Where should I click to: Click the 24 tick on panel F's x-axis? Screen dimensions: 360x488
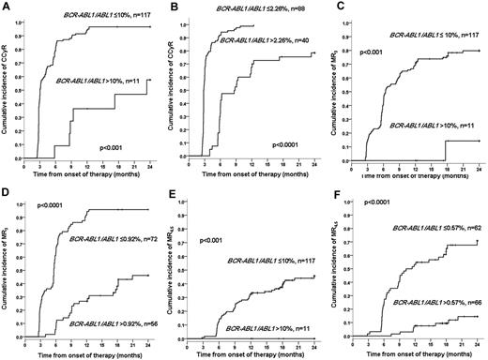(x=479, y=342)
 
